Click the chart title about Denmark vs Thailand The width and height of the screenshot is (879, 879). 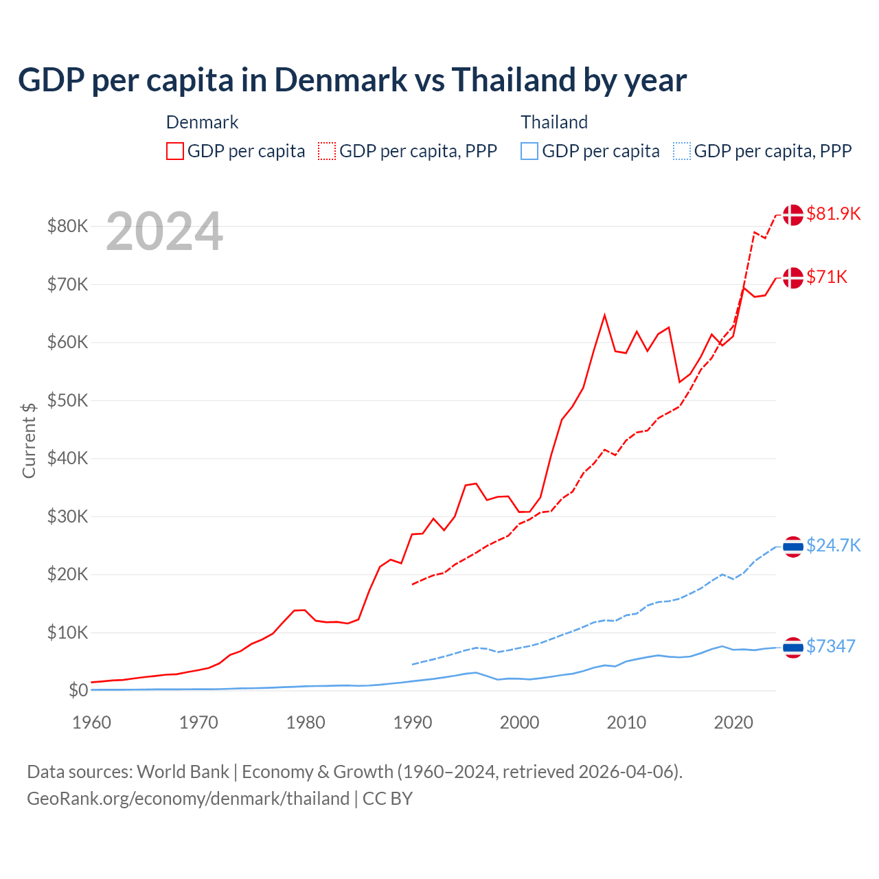[352, 80]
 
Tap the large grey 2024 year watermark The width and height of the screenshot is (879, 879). [164, 231]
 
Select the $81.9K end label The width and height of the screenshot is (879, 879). [833, 214]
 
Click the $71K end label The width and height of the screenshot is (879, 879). [827, 277]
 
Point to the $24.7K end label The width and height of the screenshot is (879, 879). [833, 545]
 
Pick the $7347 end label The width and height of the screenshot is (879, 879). [830, 646]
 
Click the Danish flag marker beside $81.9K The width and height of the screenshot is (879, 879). [793, 214]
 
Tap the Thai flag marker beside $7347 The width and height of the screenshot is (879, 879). [793, 647]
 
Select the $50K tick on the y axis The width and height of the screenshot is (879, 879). [67, 400]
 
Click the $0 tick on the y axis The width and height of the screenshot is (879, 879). [78, 690]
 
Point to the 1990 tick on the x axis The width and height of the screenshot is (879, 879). [413, 722]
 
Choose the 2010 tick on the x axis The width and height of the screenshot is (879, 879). [626, 722]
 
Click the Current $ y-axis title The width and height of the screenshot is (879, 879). [29, 440]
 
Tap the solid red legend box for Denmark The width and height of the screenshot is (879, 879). [175, 151]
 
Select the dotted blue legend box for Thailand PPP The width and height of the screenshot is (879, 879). [682, 151]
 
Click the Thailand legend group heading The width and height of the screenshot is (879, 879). [554, 122]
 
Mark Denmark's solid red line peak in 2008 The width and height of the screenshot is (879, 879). [604, 315]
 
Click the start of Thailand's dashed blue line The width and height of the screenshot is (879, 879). [412, 664]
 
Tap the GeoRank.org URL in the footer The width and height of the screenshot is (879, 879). [188, 799]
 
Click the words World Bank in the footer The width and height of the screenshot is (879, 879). [183, 772]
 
